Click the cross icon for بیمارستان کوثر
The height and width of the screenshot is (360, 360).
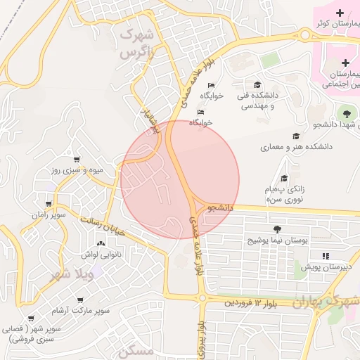(x=340, y=13)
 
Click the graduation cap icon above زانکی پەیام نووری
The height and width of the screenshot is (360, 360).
(x=284, y=179)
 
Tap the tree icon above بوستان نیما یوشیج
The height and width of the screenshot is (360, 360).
(x=277, y=229)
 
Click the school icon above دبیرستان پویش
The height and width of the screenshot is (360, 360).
(x=325, y=256)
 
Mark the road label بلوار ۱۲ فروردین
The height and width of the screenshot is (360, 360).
(x=251, y=302)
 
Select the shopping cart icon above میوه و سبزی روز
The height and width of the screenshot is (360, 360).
(x=77, y=160)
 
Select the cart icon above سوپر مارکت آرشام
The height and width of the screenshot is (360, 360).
(x=76, y=297)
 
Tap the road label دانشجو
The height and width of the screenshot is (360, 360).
(x=220, y=207)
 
